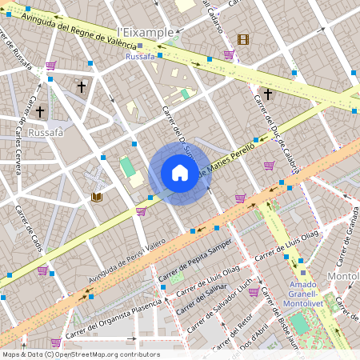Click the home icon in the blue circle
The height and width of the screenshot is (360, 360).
click(180, 174)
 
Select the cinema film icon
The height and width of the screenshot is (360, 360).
click(243, 39)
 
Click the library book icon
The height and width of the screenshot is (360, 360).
click(98, 197)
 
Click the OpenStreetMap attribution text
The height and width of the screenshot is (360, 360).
click(81, 354)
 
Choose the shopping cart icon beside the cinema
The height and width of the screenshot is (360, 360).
click(229, 54)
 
